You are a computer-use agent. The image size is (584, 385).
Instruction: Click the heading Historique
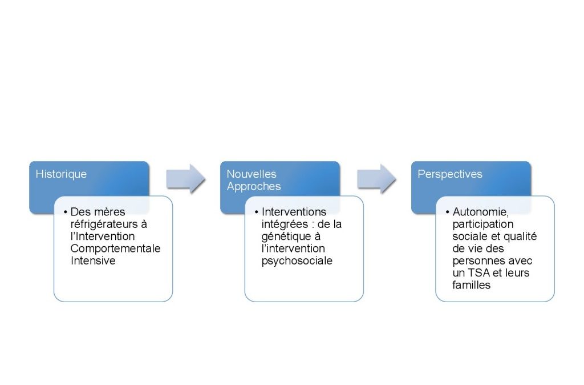click(x=61, y=174)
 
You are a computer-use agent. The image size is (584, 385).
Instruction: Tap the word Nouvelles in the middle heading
click(x=252, y=174)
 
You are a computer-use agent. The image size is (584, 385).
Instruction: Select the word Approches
click(x=254, y=187)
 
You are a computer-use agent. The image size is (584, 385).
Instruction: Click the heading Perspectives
click(x=449, y=174)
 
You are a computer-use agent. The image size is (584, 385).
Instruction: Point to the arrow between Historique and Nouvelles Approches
click(x=185, y=179)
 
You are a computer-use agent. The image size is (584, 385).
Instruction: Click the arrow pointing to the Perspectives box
click(x=376, y=179)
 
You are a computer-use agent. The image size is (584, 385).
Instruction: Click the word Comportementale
click(x=115, y=248)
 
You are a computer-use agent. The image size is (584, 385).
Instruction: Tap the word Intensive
click(x=93, y=260)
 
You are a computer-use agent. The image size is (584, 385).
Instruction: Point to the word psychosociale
click(x=297, y=261)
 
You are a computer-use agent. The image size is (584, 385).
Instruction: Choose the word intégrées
click(x=285, y=224)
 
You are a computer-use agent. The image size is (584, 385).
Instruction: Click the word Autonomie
click(x=480, y=212)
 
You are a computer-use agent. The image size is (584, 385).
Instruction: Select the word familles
click(x=472, y=285)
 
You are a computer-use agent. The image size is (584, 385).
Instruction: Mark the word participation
click(x=483, y=224)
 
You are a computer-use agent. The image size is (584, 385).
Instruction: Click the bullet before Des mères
click(x=65, y=212)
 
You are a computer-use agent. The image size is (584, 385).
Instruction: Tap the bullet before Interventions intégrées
click(x=256, y=212)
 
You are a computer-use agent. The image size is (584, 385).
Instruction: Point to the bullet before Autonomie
click(x=447, y=212)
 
